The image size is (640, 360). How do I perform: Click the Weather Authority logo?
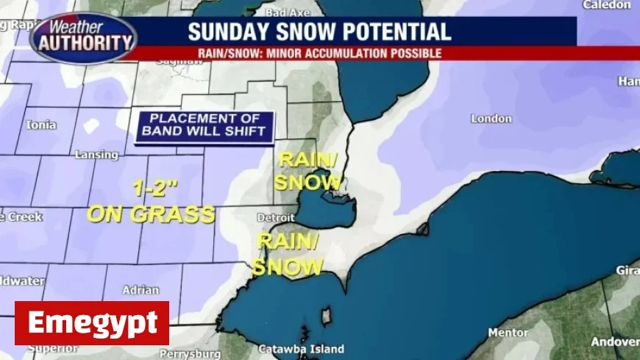(x=83, y=38)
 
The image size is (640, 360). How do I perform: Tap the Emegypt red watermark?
(x=92, y=323)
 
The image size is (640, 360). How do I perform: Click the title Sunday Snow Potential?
(x=319, y=32)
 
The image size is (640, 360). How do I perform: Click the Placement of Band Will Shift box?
(x=204, y=127)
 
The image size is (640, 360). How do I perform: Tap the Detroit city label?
(x=275, y=218)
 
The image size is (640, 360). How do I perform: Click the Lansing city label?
(x=96, y=155)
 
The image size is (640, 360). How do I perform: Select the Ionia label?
(x=41, y=124)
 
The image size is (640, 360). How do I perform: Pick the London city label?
(x=491, y=119)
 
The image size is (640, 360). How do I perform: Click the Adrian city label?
(x=141, y=290)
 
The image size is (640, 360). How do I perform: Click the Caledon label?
(x=606, y=5)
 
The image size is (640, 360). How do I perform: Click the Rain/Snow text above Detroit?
(x=307, y=171)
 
